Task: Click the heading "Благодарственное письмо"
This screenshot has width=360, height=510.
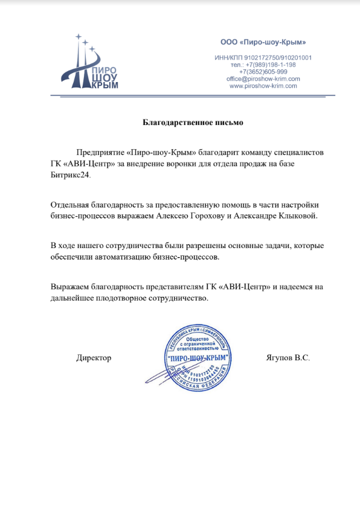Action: [x=193, y=123]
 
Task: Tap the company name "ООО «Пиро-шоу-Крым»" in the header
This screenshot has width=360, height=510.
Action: [x=263, y=42]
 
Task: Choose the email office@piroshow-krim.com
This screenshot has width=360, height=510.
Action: [x=263, y=79]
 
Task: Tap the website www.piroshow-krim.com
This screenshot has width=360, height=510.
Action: [x=263, y=86]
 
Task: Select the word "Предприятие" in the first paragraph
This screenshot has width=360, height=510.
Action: [x=101, y=153]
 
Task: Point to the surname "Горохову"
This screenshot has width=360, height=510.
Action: [x=208, y=214]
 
